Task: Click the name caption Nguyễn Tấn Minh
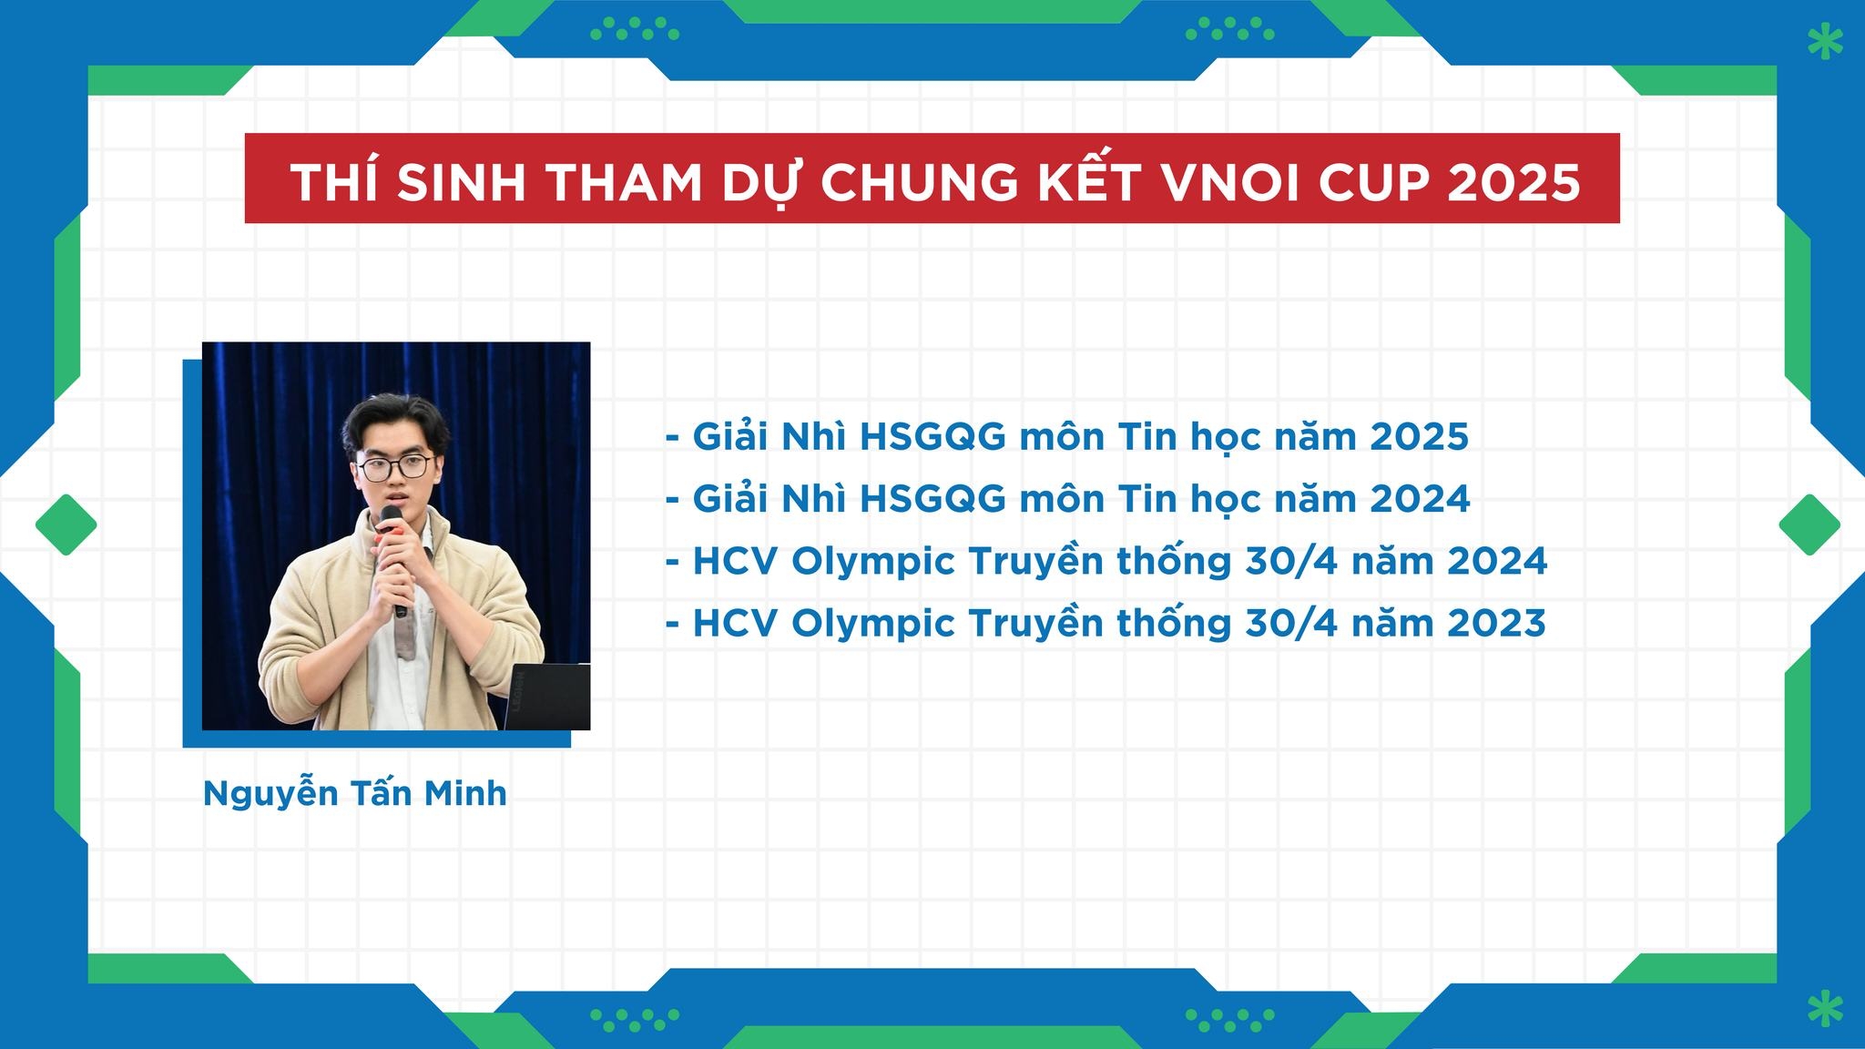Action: point(354,794)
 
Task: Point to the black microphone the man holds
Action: point(395,557)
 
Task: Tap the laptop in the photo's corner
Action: point(546,697)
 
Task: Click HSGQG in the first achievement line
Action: point(932,437)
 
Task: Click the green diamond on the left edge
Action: point(66,524)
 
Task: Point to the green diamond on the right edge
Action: point(1809,524)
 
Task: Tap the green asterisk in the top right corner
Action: point(1824,42)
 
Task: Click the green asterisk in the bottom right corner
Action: point(1824,1009)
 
